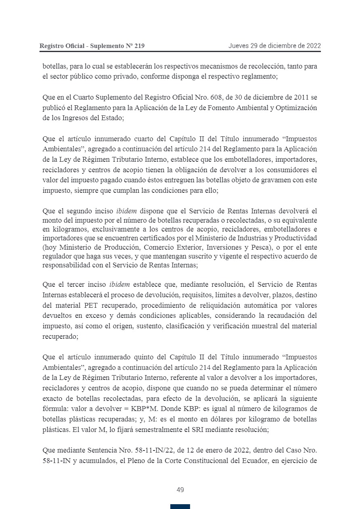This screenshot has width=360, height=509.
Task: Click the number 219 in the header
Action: (138, 46)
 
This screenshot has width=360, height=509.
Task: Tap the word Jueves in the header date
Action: (238, 46)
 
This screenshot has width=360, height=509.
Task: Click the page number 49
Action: (180, 490)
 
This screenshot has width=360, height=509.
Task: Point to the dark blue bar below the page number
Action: (180, 506)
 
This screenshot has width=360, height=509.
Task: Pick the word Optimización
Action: (297, 108)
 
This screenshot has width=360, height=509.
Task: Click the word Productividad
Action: (291, 238)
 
